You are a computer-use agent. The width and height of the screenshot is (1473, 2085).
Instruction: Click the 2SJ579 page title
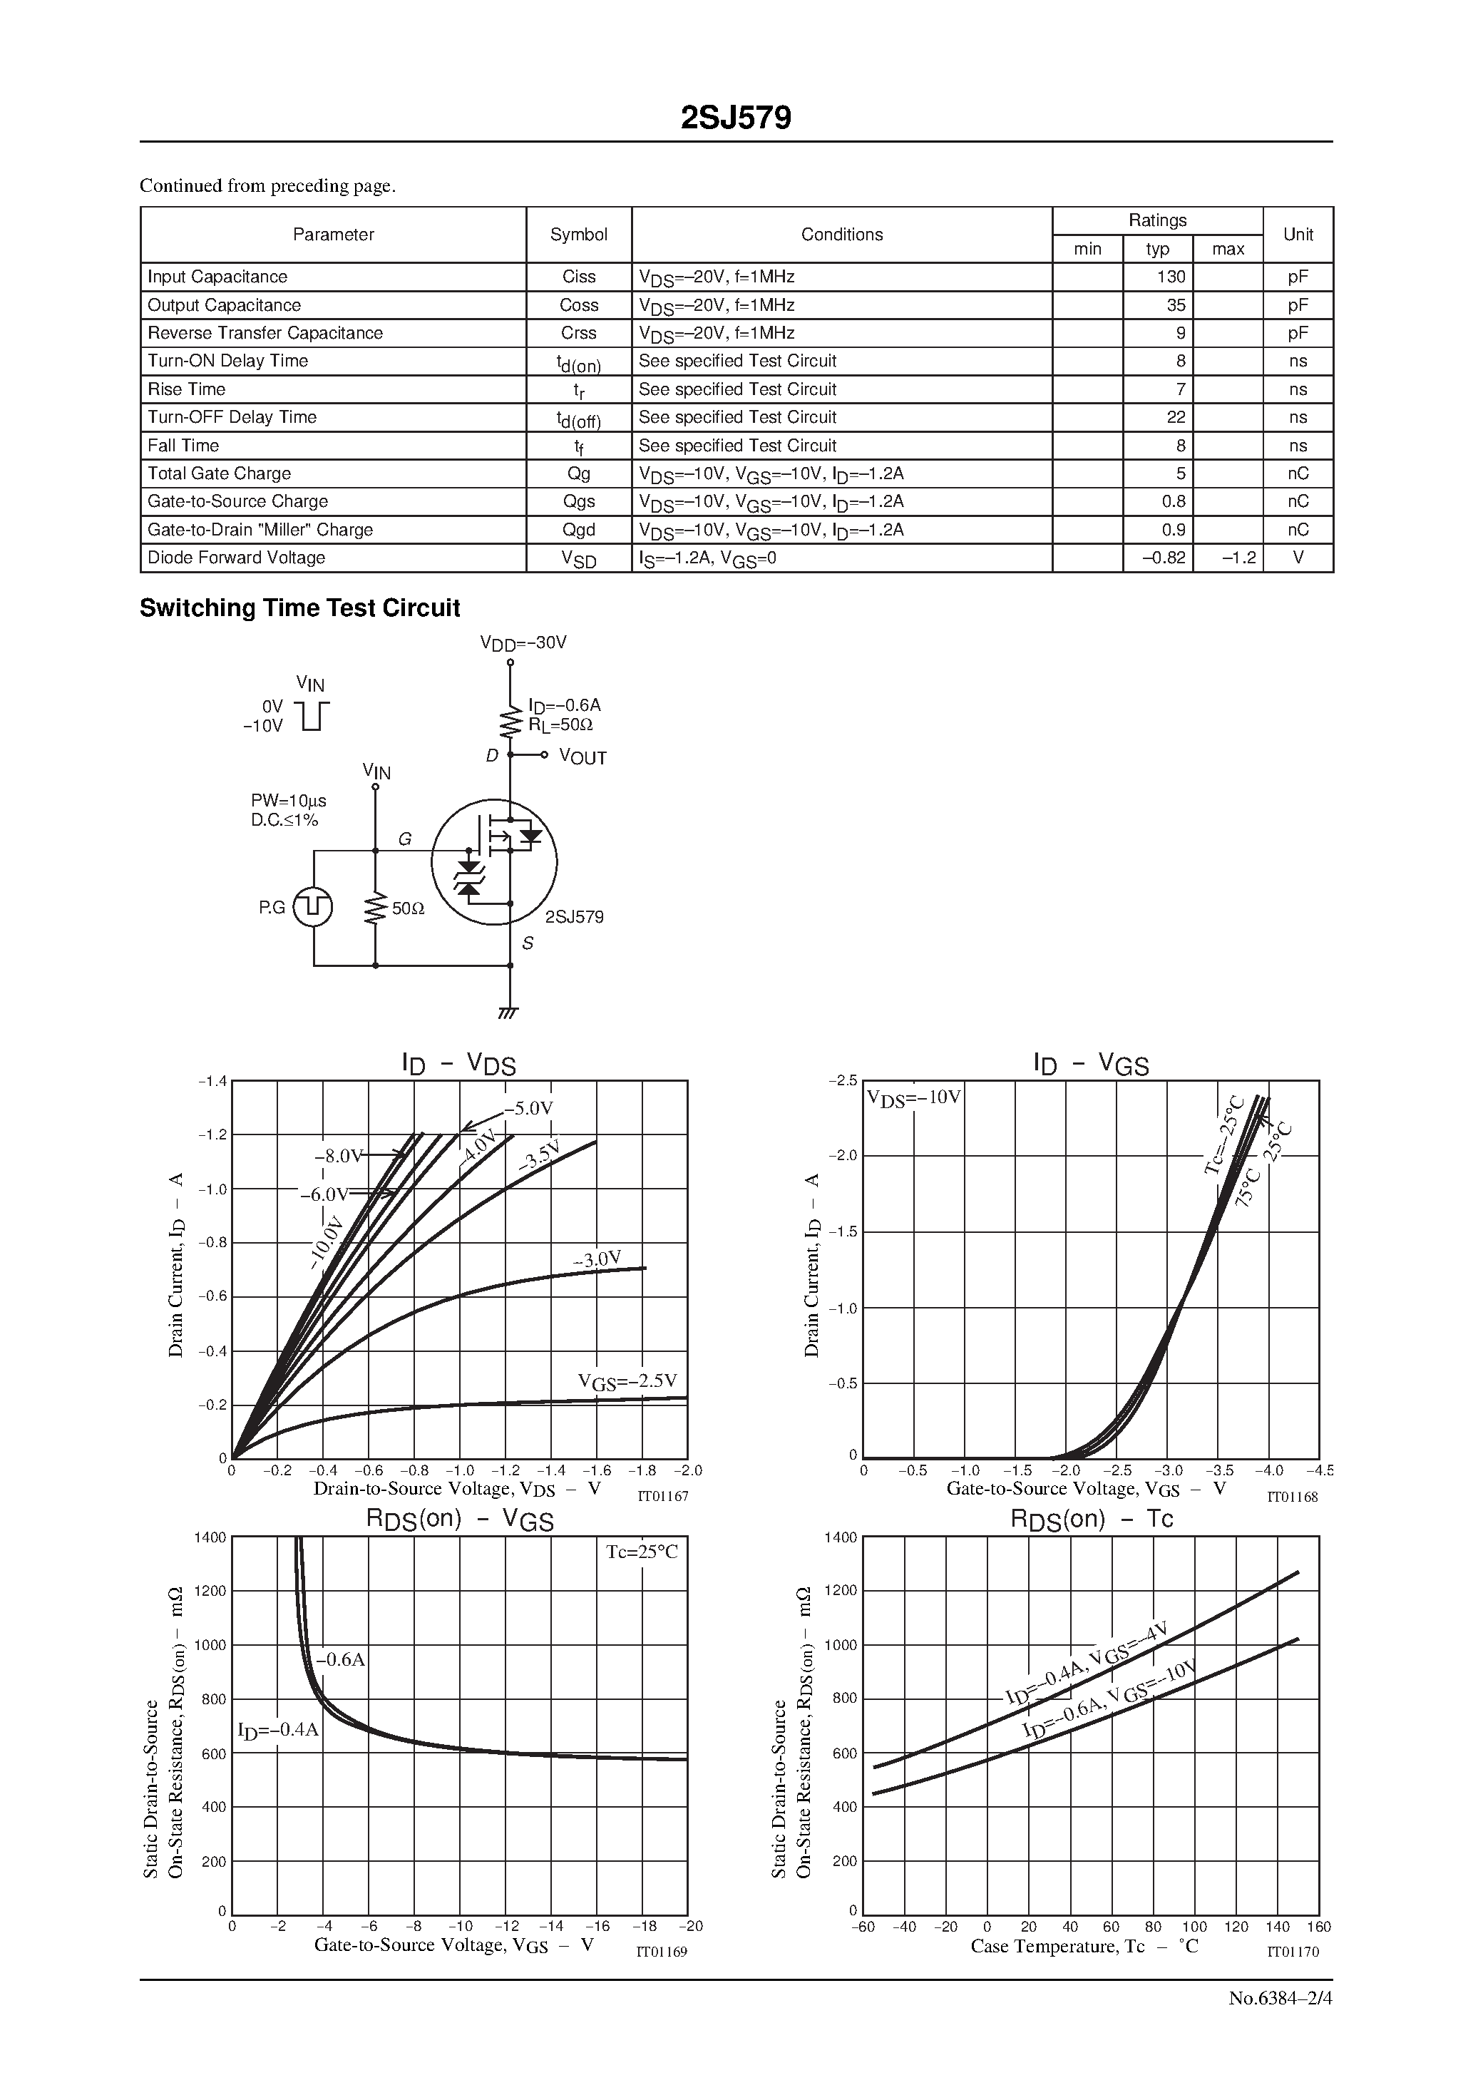736,118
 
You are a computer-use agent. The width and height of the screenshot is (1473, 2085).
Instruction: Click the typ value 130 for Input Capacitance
1171,277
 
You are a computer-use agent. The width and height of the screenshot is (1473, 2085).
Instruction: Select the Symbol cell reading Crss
578,333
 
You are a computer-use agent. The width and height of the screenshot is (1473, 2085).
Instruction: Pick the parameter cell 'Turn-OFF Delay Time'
232,418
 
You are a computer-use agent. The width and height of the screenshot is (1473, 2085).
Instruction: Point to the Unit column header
1298,235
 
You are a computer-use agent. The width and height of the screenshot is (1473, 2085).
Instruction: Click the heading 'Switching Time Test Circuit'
299,608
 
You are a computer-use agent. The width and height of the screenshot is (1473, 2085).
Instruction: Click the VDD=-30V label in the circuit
523,644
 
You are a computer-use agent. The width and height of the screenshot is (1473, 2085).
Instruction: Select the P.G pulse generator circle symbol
313,907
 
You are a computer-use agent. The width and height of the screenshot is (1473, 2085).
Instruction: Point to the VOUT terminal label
582,757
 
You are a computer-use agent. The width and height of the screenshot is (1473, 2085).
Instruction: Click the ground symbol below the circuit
510,1013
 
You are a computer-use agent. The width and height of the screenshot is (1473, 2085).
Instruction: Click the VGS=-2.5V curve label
627,1382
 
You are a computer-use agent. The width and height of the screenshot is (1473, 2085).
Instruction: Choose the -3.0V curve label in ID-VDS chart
597,1259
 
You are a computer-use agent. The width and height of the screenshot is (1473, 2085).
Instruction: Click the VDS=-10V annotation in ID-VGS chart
913,1097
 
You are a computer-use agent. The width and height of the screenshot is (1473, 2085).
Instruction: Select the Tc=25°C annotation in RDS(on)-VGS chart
642,1552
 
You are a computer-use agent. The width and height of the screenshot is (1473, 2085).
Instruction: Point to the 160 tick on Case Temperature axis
1318,1927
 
